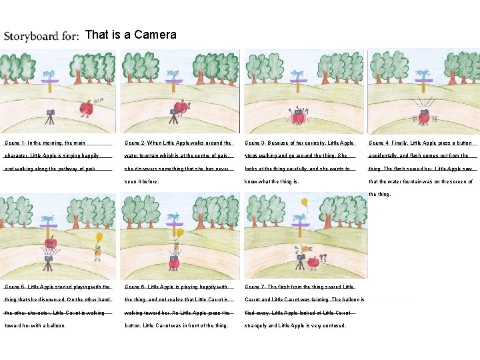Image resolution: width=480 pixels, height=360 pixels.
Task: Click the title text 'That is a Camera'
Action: pos(131,35)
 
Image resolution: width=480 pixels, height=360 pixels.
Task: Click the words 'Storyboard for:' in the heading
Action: pos(41,36)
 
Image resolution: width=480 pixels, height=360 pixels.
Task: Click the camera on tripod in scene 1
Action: pos(49,118)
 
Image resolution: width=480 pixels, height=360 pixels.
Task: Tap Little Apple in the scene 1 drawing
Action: pos(85,108)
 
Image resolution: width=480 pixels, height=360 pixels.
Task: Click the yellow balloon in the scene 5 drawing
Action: pos(100,236)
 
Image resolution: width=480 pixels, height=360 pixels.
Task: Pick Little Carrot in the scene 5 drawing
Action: pos(97,251)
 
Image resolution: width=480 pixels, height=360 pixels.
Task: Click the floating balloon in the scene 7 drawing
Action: pos(305,201)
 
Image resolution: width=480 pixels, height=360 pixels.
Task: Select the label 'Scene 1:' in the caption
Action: pos(16,143)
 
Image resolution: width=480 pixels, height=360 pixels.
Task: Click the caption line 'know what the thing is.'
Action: pos(273,181)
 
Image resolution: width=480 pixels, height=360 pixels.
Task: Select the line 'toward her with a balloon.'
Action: pos(35,325)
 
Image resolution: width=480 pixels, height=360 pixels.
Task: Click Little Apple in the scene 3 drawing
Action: pos(298,117)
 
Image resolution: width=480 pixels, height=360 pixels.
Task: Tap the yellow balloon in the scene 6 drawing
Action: pos(179,233)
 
